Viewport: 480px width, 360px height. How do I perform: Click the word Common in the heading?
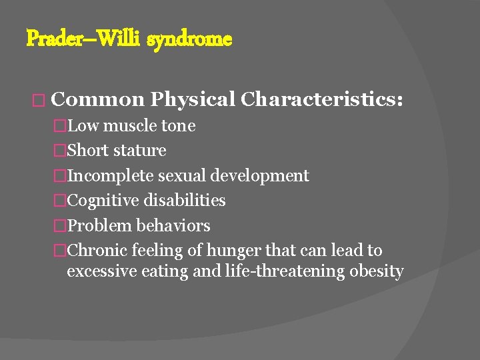coord(97,99)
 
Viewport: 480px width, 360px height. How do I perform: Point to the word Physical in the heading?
coord(193,99)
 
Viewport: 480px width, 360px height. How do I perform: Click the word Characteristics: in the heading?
coord(321,99)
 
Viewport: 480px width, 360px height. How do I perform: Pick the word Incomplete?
coord(111,176)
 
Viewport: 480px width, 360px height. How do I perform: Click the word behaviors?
coord(173,226)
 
